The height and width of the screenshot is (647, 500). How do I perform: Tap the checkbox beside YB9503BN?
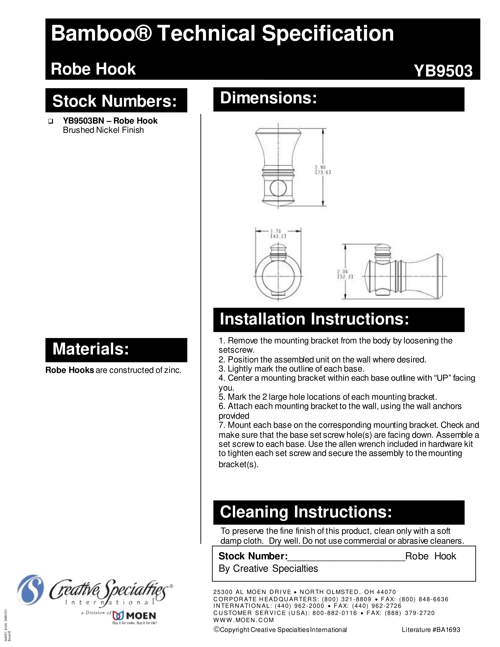(x=51, y=121)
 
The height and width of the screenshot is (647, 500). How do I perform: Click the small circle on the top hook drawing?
(x=278, y=188)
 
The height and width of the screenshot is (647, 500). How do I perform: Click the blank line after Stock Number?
(x=346, y=556)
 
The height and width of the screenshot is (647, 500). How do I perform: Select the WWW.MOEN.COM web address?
(x=244, y=620)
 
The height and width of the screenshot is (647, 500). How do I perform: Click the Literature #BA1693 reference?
(x=431, y=630)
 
